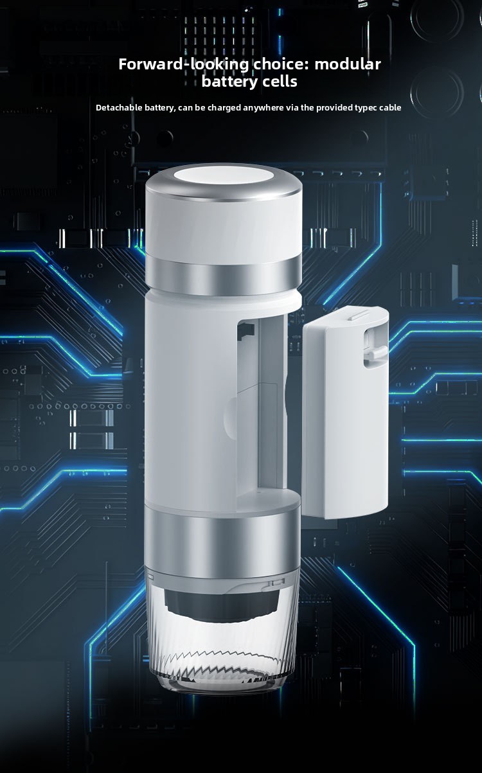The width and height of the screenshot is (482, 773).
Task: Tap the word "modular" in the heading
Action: [348, 64]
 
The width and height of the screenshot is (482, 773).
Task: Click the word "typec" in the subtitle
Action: [366, 108]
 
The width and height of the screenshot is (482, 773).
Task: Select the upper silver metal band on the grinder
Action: [224, 276]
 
